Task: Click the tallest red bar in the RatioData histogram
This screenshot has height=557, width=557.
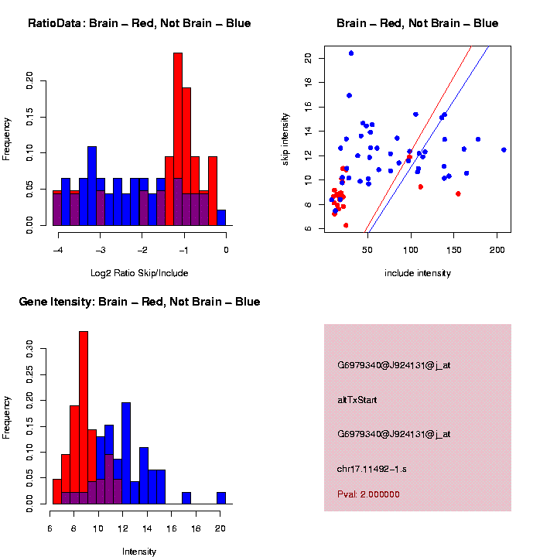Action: tap(178, 139)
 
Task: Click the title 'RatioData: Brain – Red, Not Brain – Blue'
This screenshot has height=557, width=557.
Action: tap(139, 23)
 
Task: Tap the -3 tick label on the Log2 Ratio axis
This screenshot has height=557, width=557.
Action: tap(101, 249)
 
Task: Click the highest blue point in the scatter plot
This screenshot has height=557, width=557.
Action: tap(351, 53)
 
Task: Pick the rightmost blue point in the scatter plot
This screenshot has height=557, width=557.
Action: tap(504, 150)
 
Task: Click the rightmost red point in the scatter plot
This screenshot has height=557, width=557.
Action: tap(458, 193)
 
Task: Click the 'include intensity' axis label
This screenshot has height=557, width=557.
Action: tap(418, 273)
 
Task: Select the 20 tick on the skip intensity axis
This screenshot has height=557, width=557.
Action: tap(308, 58)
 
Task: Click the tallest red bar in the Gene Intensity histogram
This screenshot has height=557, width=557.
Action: tap(84, 418)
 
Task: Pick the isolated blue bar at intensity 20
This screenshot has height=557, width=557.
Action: tap(221, 498)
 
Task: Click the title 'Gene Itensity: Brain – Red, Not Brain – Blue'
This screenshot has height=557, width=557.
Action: tap(139, 302)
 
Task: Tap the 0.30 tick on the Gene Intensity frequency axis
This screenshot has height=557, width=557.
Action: tap(30, 349)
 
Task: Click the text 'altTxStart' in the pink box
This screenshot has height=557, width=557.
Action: tap(357, 400)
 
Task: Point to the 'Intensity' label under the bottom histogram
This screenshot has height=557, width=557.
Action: tap(139, 552)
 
